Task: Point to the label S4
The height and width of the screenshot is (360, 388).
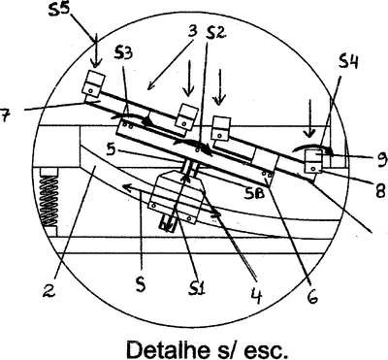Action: (x=348, y=62)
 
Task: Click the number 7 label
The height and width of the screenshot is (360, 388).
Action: (x=4, y=115)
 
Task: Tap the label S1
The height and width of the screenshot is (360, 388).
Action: (x=197, y=287)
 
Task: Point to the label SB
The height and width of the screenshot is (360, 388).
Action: (x=255, y=193)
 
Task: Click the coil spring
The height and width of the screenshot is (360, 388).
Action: (x=49, y=201)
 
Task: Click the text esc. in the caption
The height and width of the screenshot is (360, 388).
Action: (x=264, y=350)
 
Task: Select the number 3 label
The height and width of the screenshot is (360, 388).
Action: (x=192, y=31)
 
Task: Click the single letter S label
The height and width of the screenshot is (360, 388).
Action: (x=141, y=283)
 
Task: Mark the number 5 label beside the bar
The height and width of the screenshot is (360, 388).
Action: (x=112, y=149)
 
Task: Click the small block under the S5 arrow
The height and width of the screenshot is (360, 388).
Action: (x=93, y=83)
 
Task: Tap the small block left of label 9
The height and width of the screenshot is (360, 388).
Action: (x=315, y=161)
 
